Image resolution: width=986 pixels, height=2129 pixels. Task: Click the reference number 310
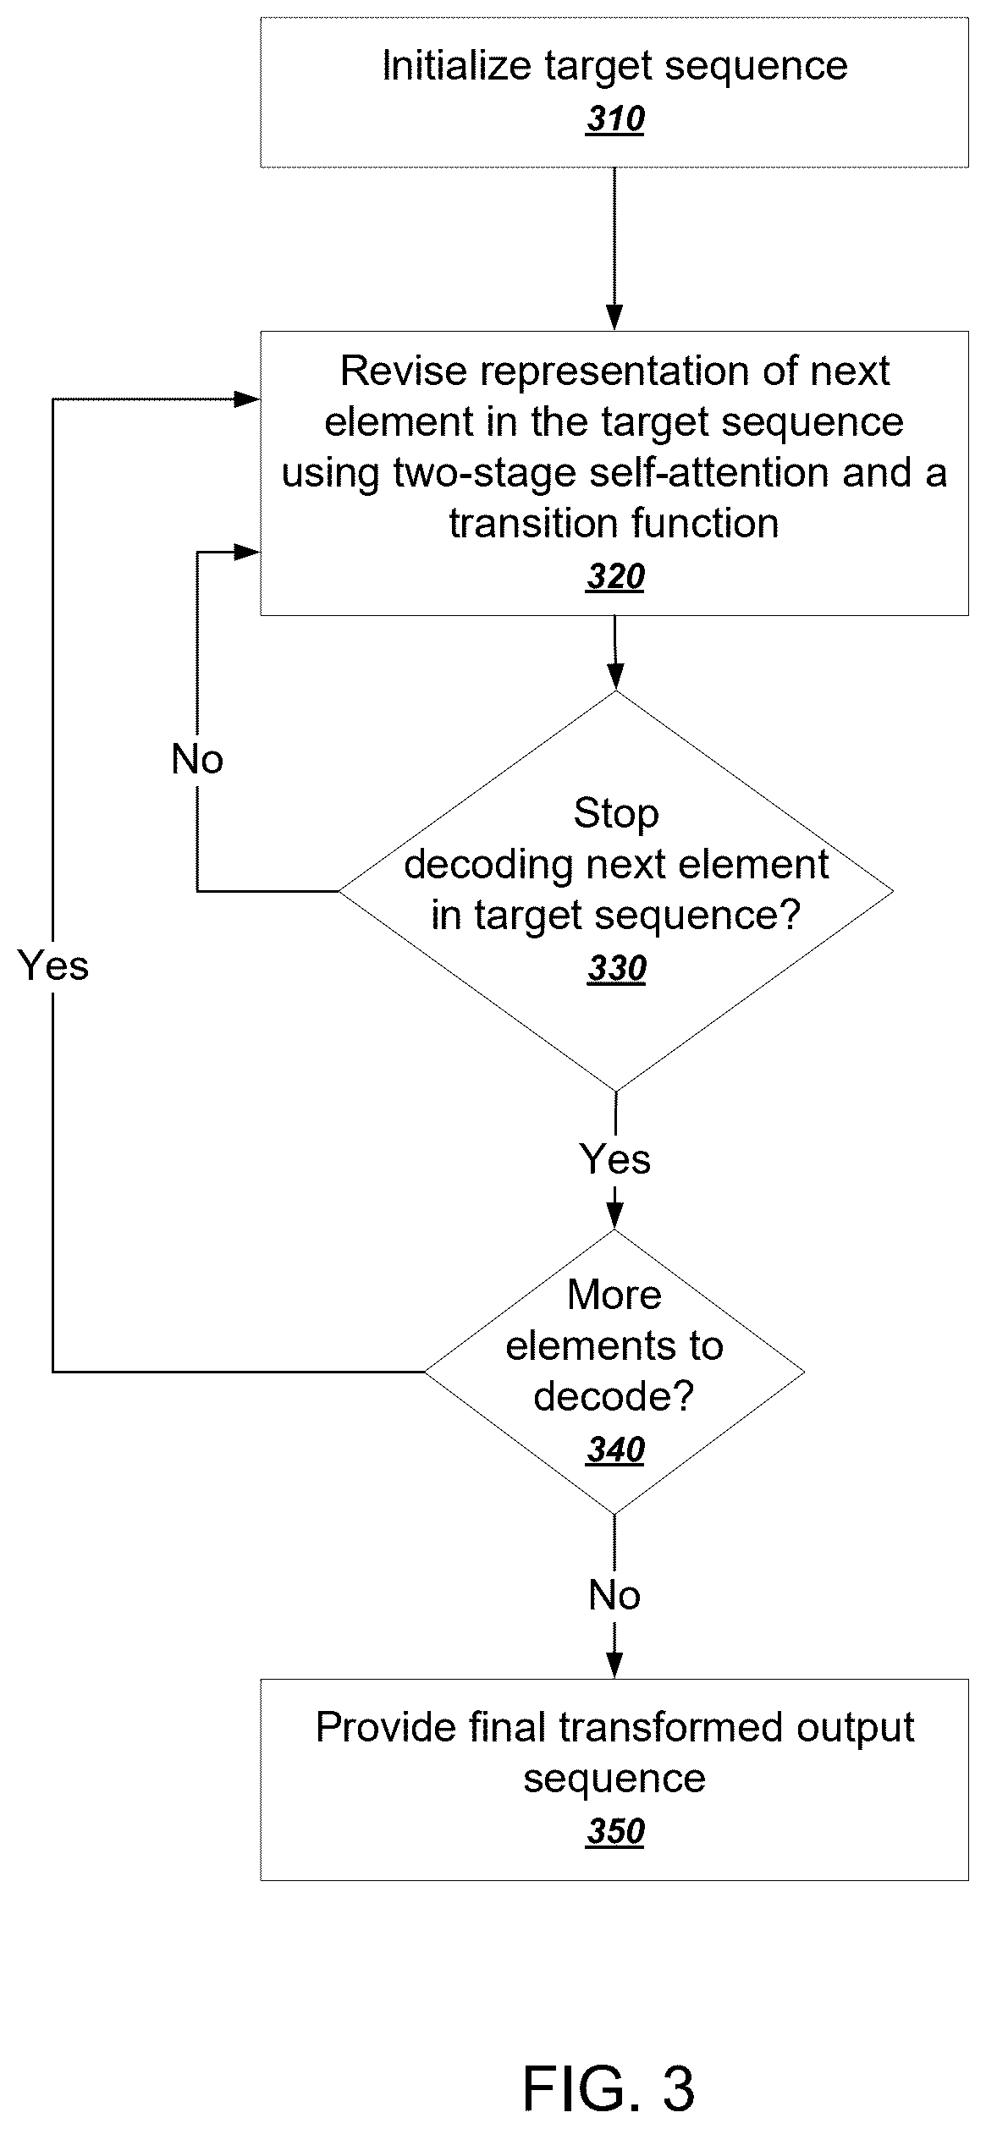coord(615,119)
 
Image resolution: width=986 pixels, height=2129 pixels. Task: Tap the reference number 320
coord(615,576)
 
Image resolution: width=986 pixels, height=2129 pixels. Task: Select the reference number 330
coord(617,968)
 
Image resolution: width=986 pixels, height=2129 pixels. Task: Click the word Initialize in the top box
coord(457,66)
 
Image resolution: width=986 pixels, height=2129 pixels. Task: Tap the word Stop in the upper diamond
coord(616,813)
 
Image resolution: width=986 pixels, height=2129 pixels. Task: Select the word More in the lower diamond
coord(614,1295)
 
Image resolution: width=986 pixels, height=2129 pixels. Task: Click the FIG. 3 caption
coord(609,2088)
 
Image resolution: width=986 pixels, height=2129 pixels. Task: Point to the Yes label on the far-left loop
coord(53,965)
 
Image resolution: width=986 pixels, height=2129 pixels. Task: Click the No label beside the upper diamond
coord(197,759)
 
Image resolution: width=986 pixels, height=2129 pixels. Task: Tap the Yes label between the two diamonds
coord(615,1158)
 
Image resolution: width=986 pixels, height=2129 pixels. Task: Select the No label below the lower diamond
coord(614,1595)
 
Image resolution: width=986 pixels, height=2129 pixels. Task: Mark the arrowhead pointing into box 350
coord(614,1666)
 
